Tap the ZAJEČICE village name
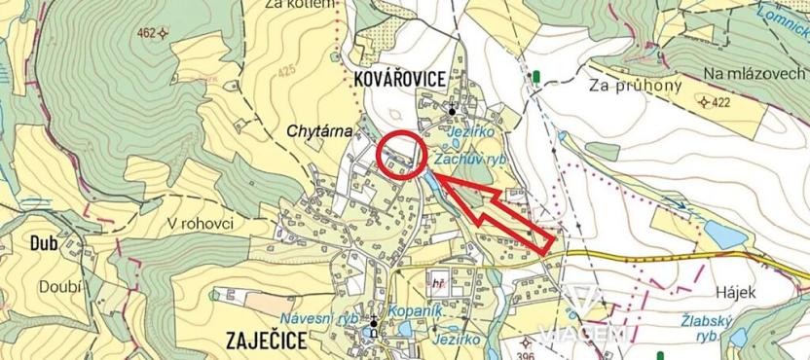(x=266, y=341)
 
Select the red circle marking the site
(x=401, y=154)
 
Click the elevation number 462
(x=147, y=33)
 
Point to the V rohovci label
(x=201, y=223)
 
